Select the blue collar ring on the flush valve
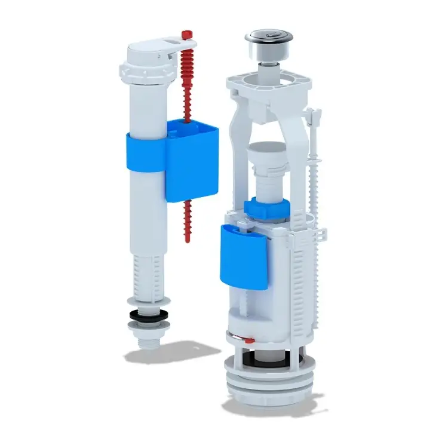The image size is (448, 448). pos(265,207)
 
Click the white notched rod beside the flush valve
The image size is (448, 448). pos(314,173)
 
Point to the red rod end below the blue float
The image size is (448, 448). pos(187,224)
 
